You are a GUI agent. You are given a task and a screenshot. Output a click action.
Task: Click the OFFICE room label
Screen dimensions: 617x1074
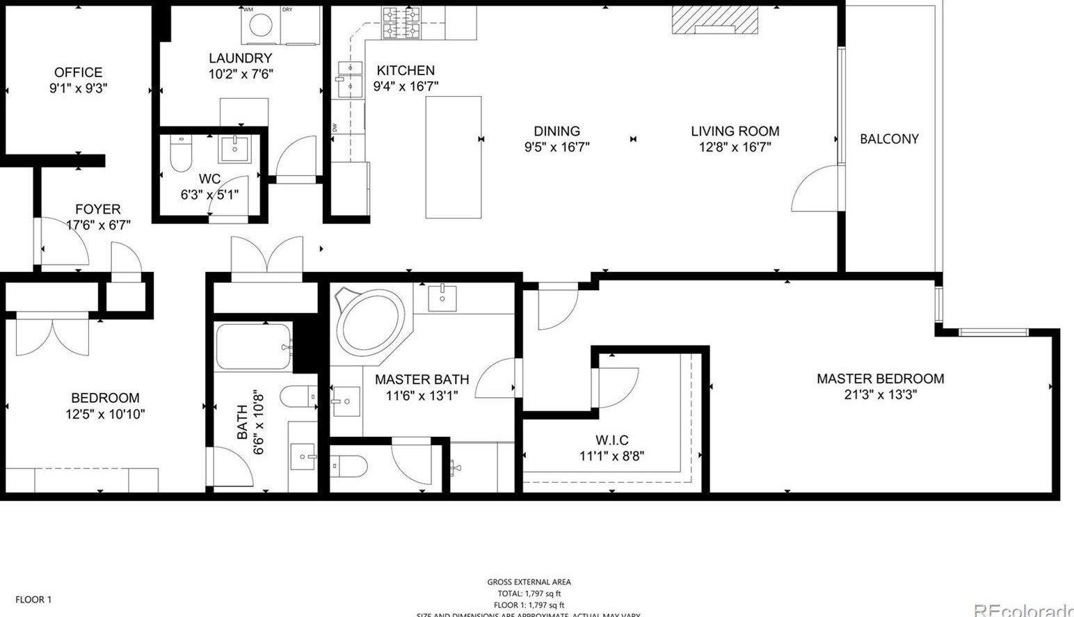[x=78, y=72]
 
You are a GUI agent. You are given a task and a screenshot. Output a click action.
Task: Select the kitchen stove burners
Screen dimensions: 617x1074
[x=401, y=22]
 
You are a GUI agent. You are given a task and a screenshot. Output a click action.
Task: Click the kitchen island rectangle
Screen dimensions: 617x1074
[x=454, y=157]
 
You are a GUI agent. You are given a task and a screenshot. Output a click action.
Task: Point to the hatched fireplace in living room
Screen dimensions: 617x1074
[x=714, y=20]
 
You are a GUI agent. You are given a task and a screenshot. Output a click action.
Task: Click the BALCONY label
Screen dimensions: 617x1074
[x=889, y=139]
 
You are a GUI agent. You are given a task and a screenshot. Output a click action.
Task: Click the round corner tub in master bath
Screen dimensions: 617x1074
[x=371, y=324]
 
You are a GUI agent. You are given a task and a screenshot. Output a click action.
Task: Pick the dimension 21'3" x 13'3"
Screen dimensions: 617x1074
[x=880, y=395]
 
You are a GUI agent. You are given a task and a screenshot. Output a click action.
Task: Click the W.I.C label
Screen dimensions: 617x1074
[x=612, y=440]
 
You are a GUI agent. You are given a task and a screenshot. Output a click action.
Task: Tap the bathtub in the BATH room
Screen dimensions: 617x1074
[x=253, y=346]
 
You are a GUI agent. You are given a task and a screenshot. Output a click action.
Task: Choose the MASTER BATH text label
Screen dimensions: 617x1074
[x=422, y=380]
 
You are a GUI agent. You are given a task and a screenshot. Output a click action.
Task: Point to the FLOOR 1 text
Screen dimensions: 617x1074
[x=33, y=600]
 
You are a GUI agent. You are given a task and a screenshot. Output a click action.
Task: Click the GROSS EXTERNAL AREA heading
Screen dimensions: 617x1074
[x=529, y=582]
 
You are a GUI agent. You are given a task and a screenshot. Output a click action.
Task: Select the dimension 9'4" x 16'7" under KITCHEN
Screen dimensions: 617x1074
[x=406, y=86]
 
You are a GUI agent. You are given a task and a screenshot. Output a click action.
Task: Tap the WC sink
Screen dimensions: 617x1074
[x=235, y=148]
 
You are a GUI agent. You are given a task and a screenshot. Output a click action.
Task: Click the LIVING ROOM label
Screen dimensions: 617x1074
[x=735, y=131]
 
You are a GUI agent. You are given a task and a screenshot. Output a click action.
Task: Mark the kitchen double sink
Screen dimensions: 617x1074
[x=350, y=77]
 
